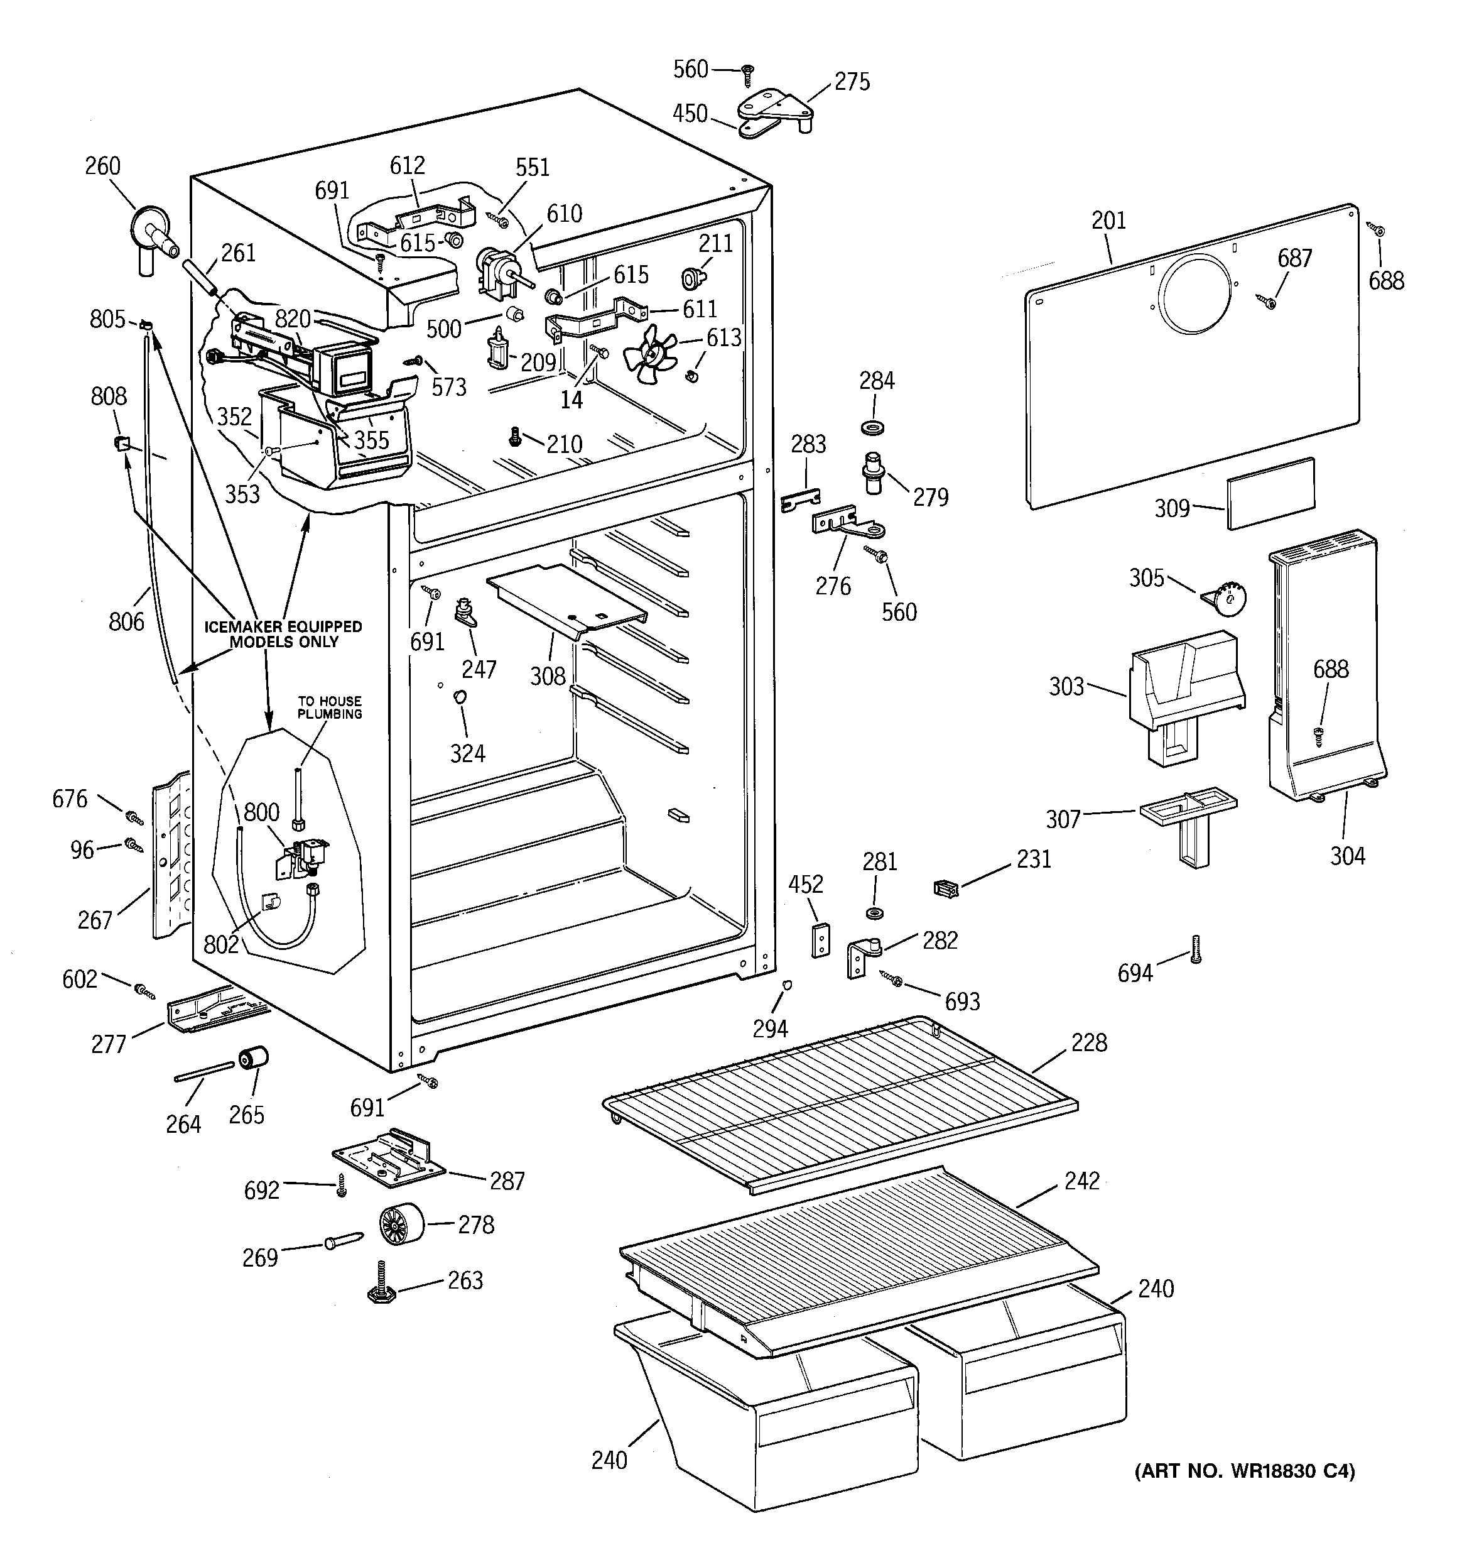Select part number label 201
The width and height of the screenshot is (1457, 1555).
[x=1108, y=221]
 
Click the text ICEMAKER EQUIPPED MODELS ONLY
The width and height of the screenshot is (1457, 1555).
[x=283, y=633]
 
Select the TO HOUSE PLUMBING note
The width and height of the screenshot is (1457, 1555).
[x=329, y=707]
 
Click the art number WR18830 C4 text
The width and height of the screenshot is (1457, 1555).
[x=1244, y=1471]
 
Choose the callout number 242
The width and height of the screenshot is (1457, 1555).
[x=1081, y=1181]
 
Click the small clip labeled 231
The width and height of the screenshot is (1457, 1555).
[x=946, y=888]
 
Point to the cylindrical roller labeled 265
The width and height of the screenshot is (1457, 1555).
[x=252, y=1057]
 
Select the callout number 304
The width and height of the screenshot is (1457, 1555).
[x=1346, y=856]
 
